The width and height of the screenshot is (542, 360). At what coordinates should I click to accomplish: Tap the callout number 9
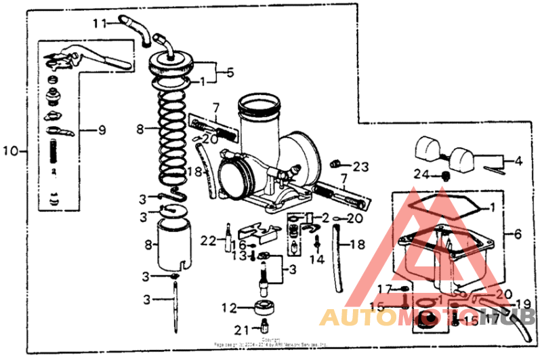point(102,129)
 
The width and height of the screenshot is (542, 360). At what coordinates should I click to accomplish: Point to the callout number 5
point(230,71)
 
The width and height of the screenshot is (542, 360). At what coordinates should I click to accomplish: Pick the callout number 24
point(422,174)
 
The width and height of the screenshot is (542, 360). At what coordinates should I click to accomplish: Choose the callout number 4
point(518,161)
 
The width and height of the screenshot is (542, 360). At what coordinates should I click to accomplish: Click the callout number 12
point(228,308)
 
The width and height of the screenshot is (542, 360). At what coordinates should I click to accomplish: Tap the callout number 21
point(242,330)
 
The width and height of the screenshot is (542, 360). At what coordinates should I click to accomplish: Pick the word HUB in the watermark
point(516,317)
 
